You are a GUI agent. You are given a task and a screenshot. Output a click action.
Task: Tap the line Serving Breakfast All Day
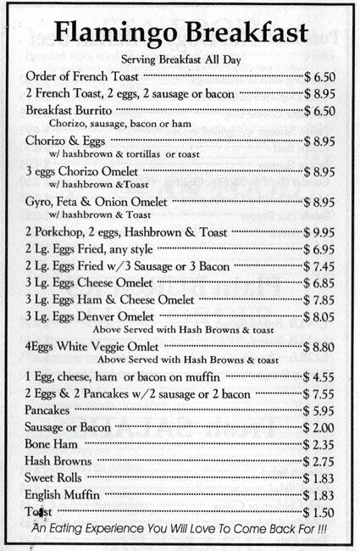pos(180,60)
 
